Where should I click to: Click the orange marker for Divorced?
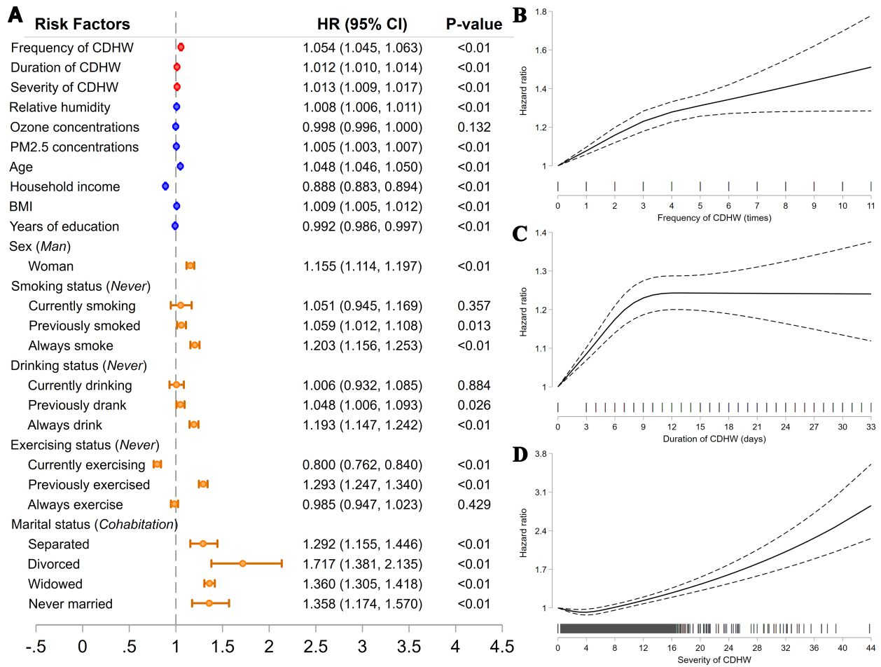coord(242,563)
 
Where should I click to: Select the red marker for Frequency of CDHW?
coord(181,47)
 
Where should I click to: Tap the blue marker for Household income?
coord(165,186)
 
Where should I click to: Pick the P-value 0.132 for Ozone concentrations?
coord(473,127)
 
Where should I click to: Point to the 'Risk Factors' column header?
coord(82,25)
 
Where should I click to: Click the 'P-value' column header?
coord(474,25)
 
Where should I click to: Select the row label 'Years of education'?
coord(64,226)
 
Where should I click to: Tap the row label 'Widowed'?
coord(55,584)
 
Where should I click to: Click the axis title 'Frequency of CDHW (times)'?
coord(714,218)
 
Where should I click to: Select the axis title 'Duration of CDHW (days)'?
coord(714,439)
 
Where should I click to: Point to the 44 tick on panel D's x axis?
coord(870,647)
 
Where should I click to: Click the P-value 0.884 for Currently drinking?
coord(473,385)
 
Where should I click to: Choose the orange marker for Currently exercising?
coord(158,464)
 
